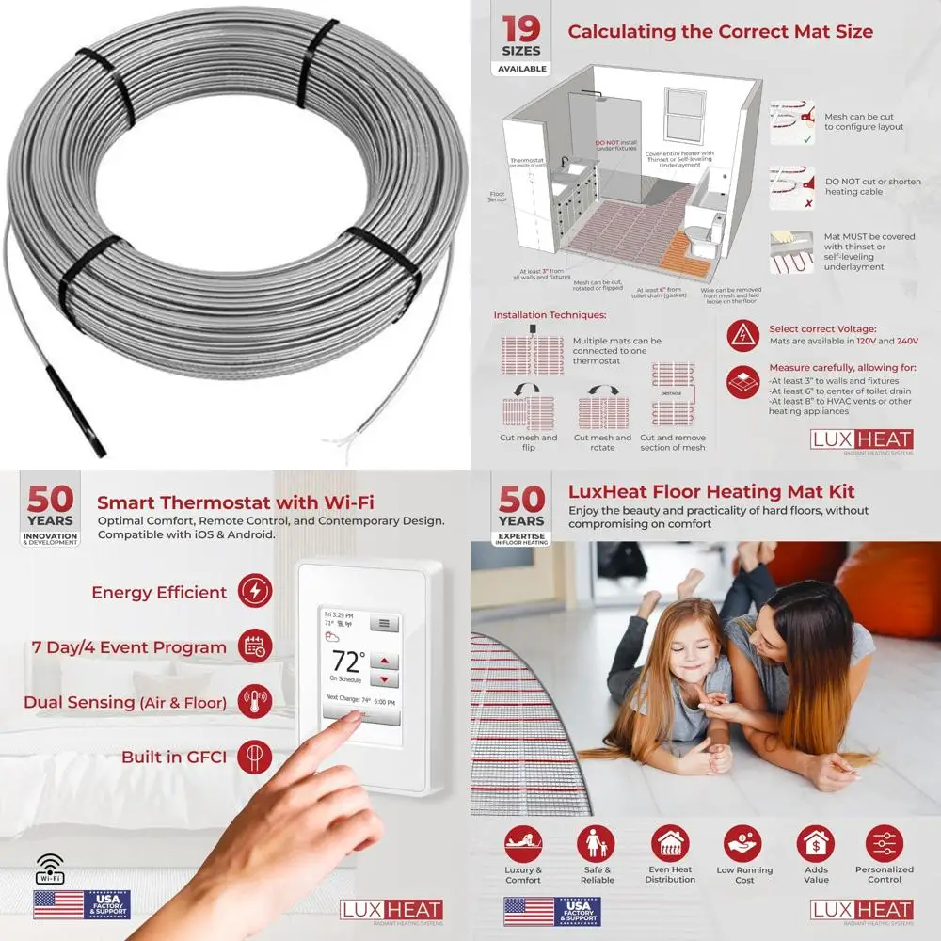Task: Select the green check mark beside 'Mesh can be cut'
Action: [x=808, y=138]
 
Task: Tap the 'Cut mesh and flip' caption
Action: [x=528, y=442]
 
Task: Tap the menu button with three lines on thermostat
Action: [x=383, y=623]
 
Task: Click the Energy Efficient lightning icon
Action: [x=256, y=592]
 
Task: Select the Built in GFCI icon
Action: [x=256, y=756]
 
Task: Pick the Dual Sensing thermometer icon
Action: [x=256, y=701]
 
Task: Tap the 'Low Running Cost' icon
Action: [x=742, y=843]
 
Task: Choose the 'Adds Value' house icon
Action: [x=816, y=843]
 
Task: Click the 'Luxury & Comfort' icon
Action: [x=523, y=843]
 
